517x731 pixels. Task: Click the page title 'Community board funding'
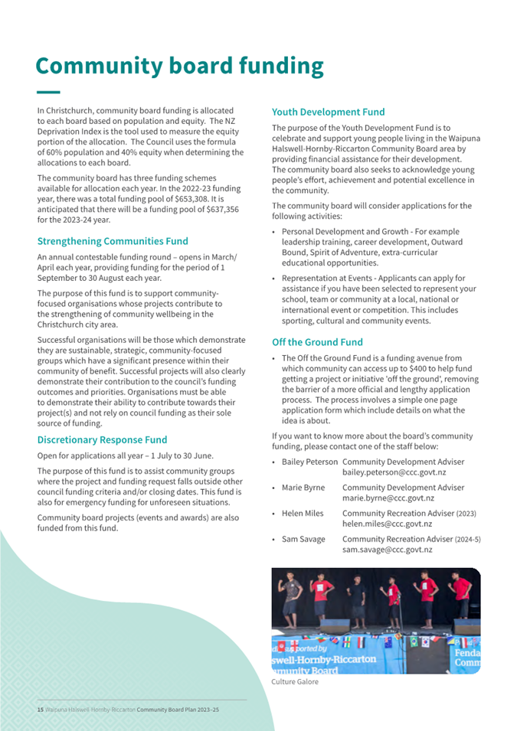tap(180, 67)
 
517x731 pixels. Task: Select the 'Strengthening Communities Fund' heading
tap(113, 241)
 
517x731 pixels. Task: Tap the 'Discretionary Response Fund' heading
tap(102, 440)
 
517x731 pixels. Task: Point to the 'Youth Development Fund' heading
tap(328, 113)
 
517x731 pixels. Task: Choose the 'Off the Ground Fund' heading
tap(317, 342)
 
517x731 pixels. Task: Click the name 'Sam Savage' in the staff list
tap(303, 540)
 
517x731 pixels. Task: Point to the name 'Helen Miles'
tap(303, 514)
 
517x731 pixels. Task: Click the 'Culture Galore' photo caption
tap(295, 682)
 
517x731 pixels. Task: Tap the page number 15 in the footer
tap(40, 710)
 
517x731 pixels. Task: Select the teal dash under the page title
tap(47, 92)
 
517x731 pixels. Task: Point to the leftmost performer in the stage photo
tap(292, 597)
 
